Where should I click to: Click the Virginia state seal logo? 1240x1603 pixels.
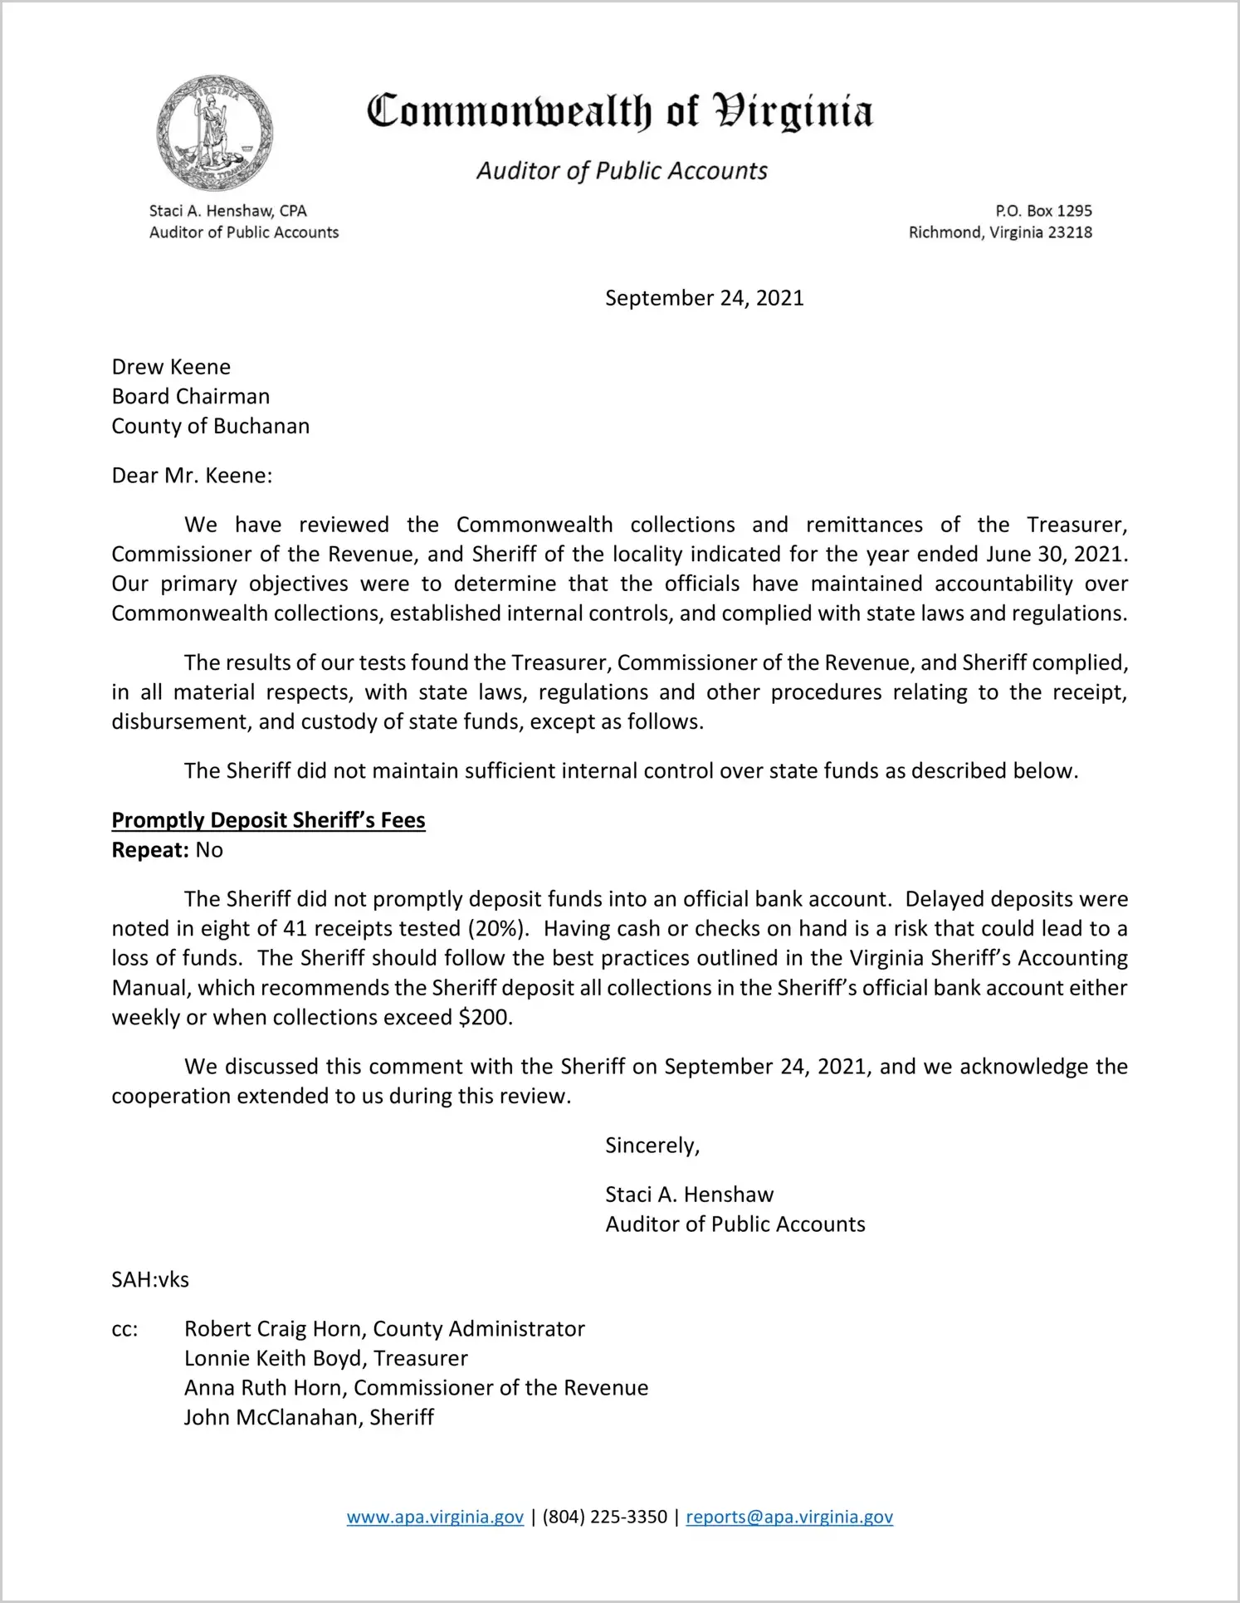point(215,133)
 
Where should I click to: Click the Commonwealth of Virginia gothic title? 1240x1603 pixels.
point(620,111)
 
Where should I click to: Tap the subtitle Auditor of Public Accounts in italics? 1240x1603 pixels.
point(622,171)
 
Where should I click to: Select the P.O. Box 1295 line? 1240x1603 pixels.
point(1043,211)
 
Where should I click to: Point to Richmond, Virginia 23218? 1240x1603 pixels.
point(1000,232)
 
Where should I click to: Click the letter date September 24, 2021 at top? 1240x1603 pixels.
point(704,298)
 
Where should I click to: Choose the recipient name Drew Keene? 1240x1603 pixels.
point(171,367)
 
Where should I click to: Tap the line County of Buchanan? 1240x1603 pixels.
point(211,426)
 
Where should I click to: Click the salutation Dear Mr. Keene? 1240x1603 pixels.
point(192,476)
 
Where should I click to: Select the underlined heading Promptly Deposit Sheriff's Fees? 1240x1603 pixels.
point(268,820)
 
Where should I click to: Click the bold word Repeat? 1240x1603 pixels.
point(150,850)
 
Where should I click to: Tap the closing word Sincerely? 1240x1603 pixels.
point(652,1146)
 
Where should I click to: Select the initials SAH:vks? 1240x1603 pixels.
point(150,1279)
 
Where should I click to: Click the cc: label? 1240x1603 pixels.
point(124,1329)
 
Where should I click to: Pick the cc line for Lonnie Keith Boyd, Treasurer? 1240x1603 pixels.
point(325,1358)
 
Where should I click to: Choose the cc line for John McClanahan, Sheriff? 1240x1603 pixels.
point(309,1417)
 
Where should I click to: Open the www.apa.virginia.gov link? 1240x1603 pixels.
point(435,1517)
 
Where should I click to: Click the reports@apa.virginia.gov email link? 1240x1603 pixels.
point(788,1517)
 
